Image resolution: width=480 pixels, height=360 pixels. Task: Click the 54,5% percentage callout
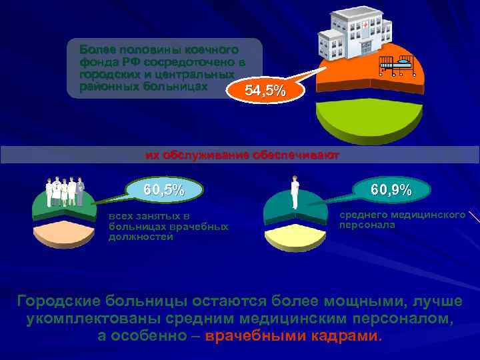pos(266,91)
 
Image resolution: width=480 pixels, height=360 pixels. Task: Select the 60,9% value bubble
pos(391,190)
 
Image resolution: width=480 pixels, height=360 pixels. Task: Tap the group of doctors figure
pos(64,192)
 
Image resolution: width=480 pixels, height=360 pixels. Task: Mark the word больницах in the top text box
pos(176,87)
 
